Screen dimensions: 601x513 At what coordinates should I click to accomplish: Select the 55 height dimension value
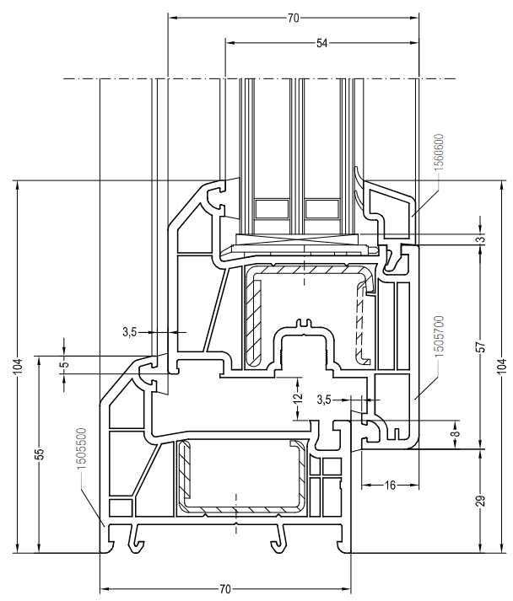coord(39,454)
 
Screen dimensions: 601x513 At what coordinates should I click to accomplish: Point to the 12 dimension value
coord(297,396)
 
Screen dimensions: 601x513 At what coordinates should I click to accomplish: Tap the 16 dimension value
coord(390,485)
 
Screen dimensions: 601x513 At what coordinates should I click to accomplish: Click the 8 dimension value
coord(456,434)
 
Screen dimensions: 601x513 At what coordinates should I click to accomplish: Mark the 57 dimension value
coord(479,346)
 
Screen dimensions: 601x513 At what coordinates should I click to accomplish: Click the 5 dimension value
coord(64,363)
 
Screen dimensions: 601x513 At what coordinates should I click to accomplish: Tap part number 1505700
coord(440,338)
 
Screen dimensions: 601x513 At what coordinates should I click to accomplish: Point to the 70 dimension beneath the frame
coord(226,588)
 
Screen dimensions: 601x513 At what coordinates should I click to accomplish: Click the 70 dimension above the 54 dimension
coord(293,17)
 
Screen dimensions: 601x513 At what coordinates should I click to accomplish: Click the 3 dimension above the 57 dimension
coord(479,240)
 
